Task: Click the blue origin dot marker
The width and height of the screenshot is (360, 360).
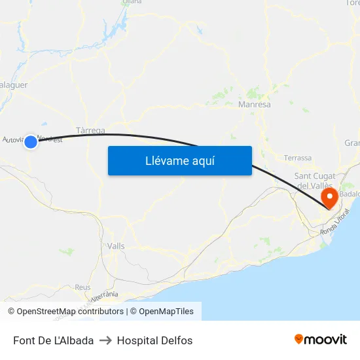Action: coord(30,141)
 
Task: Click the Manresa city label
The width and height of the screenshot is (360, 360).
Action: coord(255,104)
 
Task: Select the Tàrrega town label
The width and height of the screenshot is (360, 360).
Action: coord(90,130)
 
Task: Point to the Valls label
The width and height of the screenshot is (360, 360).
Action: coord(116,246)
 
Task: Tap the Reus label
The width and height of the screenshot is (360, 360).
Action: coord(82,287)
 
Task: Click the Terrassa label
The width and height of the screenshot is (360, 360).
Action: coord(298,158)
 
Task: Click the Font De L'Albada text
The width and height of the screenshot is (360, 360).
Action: coord(53,340)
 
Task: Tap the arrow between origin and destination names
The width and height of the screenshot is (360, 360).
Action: coord(105,340)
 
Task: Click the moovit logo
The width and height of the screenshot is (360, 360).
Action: coord(320,340)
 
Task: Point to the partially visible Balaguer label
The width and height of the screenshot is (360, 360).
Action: coord(13,84)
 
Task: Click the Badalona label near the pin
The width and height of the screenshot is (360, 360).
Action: coord(351,194)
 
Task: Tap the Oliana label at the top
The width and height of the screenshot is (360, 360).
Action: coord(132,2)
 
